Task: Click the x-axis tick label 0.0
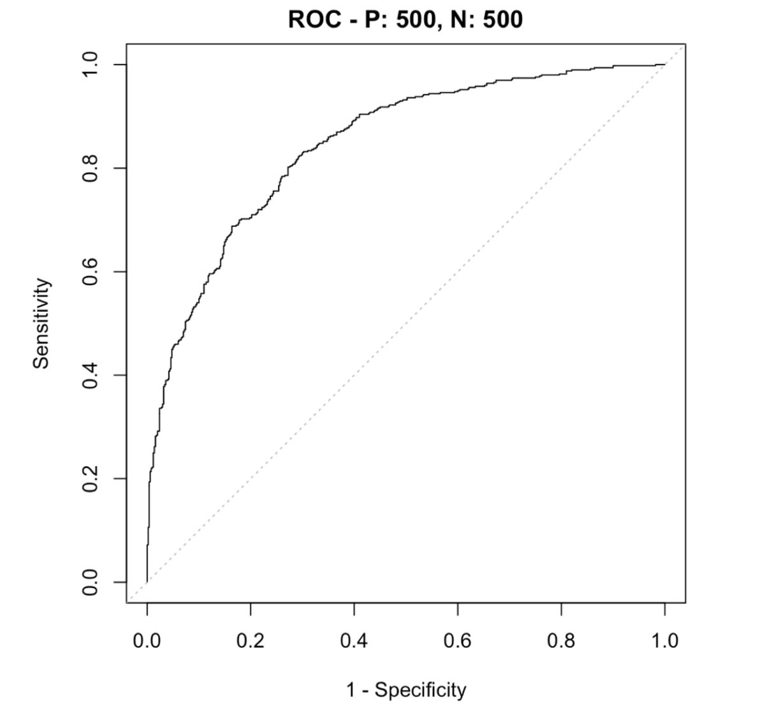point(147,640)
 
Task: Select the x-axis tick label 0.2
point(251,640)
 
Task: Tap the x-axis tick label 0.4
point(354,640)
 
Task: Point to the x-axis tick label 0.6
point(458,640)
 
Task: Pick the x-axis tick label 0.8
point(561,640)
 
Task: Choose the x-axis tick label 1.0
point(665,640)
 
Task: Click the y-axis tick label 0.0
point(90,582)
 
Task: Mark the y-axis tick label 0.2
point(90,478)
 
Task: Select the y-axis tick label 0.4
point(90,375)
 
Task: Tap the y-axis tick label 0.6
point(90,272)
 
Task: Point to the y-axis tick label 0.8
point(90,168)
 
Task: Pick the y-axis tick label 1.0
point(90,65)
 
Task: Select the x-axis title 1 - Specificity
point(406,689)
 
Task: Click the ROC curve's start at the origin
point(147,582)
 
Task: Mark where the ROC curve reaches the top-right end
point(665,64)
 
